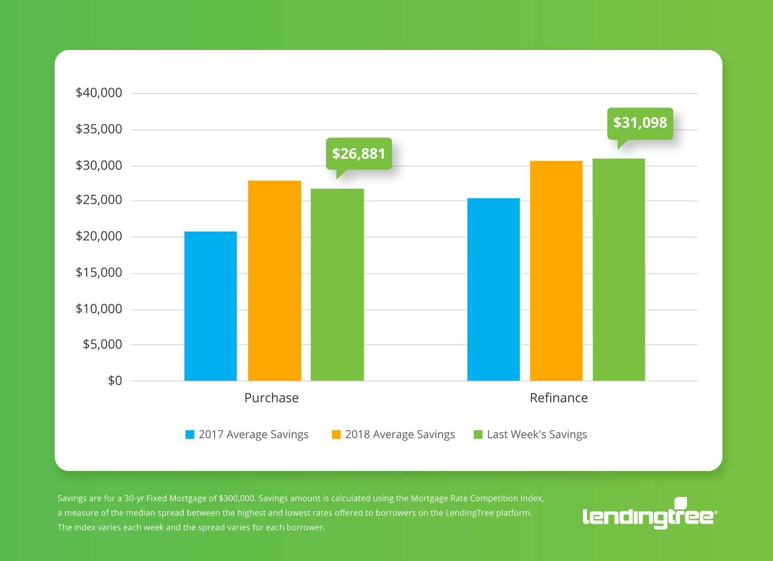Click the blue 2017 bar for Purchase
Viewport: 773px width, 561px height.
[x=211, y=306]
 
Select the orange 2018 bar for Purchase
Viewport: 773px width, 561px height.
[x=275, y=280]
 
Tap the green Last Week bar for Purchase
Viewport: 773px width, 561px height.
[x=337, y=285]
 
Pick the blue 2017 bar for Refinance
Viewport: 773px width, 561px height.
[x=493, y=290]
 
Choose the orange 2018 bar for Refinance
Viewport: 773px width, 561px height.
[x=556, y=271]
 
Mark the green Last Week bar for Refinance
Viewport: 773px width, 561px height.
[x=619, y=270]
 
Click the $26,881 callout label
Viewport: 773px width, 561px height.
[x=359, y=154]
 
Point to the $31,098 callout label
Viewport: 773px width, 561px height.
[x=640, y=123]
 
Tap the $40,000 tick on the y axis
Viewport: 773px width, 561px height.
[x=99, y=93]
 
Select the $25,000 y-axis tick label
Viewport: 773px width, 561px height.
[x=99, y=200]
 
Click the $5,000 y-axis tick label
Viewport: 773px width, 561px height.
[x=102, y=344]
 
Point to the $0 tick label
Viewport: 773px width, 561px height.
[x=115, y=381]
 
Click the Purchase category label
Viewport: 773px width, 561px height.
[x=271, y=398]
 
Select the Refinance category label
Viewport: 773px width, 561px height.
[x=559, y=398]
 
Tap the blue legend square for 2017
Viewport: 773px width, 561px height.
[x=190, y=435]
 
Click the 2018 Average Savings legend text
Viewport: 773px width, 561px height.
[x=400, y=435]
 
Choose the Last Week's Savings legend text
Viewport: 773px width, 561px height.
[x=537, y=435]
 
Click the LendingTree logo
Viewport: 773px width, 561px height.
[x=649, y=514]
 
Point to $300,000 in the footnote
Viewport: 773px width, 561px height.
[x=236, y=498]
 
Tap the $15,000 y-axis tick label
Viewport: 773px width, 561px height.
[x=99, y=272]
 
